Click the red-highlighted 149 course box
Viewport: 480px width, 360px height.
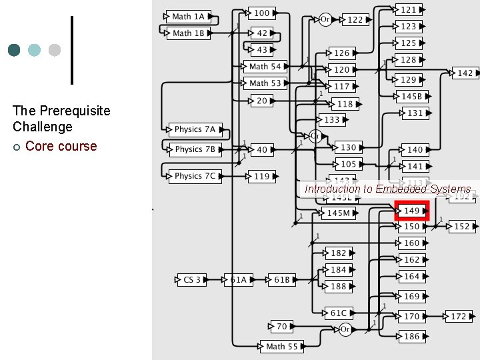pos(412,211)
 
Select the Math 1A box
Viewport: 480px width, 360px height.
pos(189,17)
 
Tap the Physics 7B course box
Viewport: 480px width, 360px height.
pos(193,150)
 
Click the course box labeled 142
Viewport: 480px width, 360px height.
pos(465,73)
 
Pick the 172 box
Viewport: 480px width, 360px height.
pos(459,317)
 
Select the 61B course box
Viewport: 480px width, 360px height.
pos(282,280)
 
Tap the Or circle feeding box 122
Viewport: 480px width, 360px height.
pos(325,19)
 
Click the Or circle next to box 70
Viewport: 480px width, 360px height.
pos(345,329)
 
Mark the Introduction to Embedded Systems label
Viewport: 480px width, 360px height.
pos(387,189)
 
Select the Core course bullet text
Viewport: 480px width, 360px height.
pos(61,146)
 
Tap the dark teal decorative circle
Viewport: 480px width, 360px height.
pos(14,50)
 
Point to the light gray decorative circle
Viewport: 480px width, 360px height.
pos(55,50)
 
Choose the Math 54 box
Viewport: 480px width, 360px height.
pos(265,67)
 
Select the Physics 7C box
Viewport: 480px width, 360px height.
pos(193,177)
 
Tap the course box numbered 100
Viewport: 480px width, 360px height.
pos(262,13)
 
